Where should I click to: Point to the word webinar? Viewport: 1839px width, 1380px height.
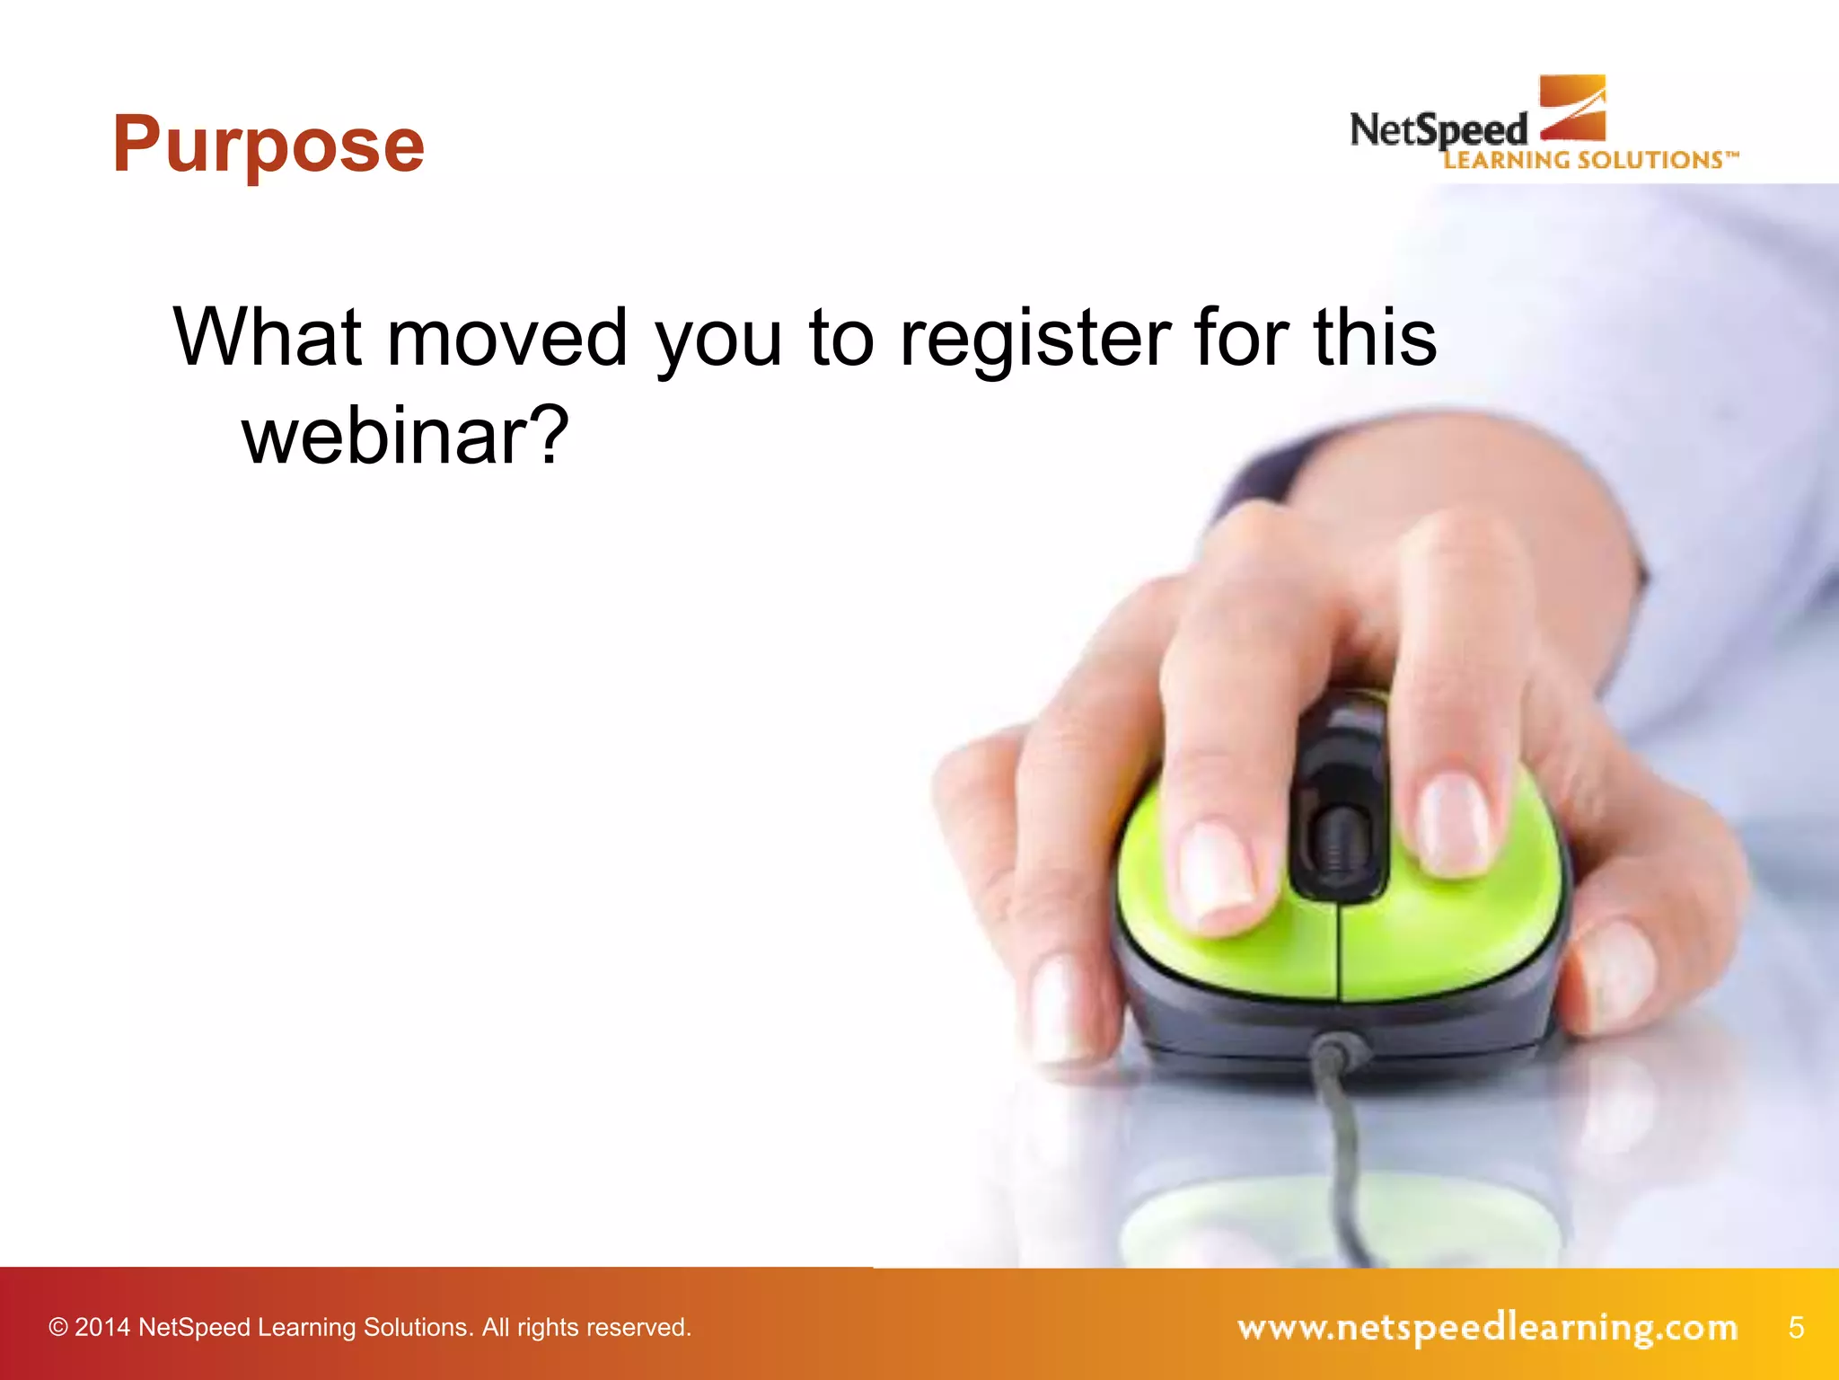[x=405, y=437]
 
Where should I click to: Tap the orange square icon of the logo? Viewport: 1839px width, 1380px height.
[x=1572, y=108]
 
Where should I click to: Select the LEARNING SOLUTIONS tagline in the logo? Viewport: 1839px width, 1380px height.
[x=1589, y=161]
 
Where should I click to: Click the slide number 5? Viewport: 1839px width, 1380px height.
[x=1795, y=1327]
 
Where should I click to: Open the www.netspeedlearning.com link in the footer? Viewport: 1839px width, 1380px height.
[x=1487, y=1327]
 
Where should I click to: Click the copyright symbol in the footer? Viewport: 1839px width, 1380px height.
[x=58, y=1328]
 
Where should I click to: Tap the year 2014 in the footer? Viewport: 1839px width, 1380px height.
[x=102, y=1328]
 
